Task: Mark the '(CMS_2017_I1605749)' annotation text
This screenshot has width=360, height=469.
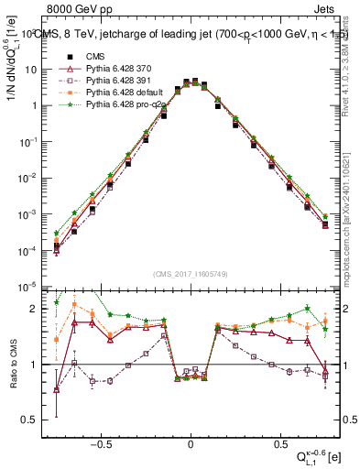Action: pos(191,275)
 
